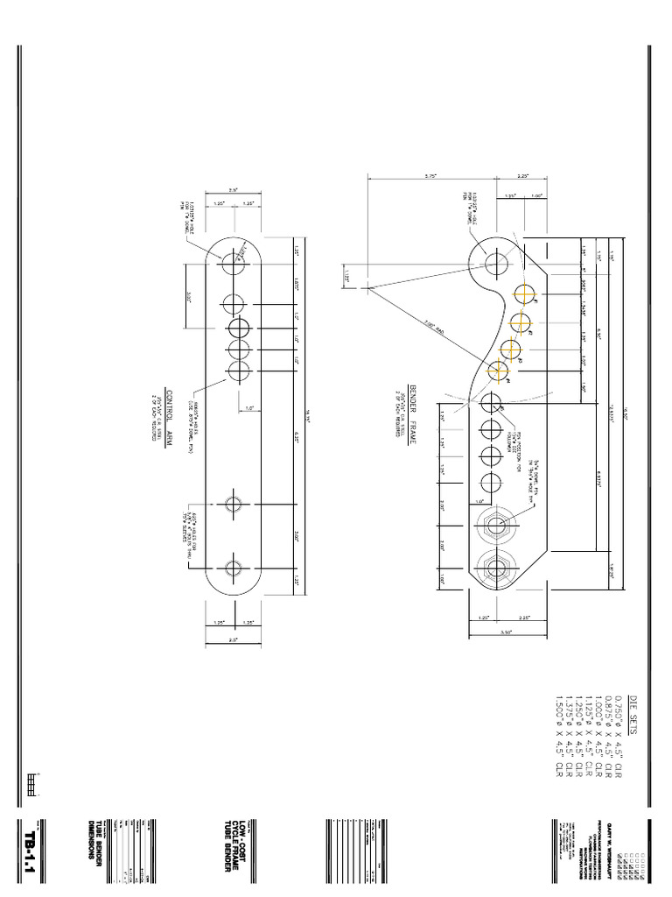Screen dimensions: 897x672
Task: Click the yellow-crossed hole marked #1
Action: click(x=525, y=293)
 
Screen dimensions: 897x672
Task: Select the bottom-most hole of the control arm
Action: click(x=234, y=567)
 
